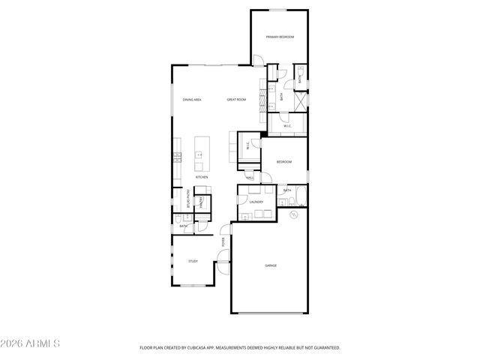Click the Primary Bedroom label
click(x=279, y=37)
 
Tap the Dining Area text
click(x=192, y=100)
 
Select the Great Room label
click(x=237, y=100)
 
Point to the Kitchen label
click(x=202, y=177)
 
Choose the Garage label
click(x=271, y=265)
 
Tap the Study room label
click(x=193, y=261)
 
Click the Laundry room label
click(x=256, y=202)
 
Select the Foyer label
click(x=223, y=241)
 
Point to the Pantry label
click(x=201, y=202)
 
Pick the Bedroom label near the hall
click(x=283, y=162)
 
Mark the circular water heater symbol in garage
click(x=294, y=214)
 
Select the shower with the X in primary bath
click(x=299, y=100)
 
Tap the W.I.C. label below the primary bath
click(x=286, y=126)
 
